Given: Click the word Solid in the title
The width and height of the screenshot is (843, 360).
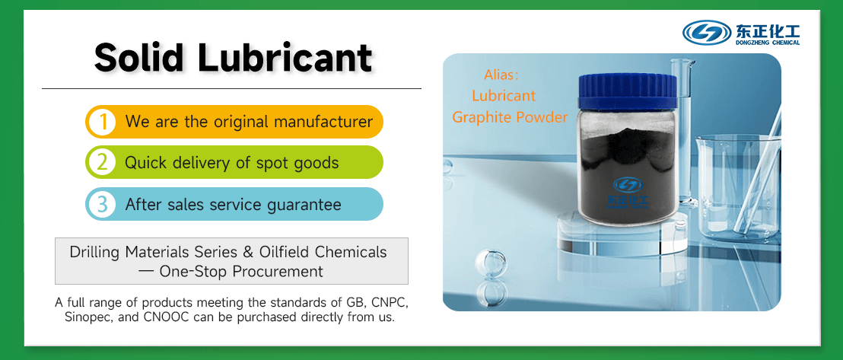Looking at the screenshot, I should pos(140,57).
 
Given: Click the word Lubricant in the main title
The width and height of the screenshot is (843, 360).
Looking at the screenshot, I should pos(287,57).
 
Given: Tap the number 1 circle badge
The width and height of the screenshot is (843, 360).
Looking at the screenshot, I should pos(101,122).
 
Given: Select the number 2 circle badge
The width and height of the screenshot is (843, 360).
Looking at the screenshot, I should pos(101,162).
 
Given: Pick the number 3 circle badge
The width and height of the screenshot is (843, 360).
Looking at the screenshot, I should pos(101,204).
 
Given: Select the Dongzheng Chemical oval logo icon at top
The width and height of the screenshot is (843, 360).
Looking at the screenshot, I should pos(707,32).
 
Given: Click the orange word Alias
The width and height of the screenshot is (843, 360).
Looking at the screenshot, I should pos(501,75).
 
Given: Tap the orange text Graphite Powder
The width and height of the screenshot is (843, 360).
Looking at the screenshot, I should pos(510,117).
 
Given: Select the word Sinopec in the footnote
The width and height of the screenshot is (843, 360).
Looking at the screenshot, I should pos(85,317).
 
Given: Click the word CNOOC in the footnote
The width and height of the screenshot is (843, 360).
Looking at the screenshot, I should pos(167,317).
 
